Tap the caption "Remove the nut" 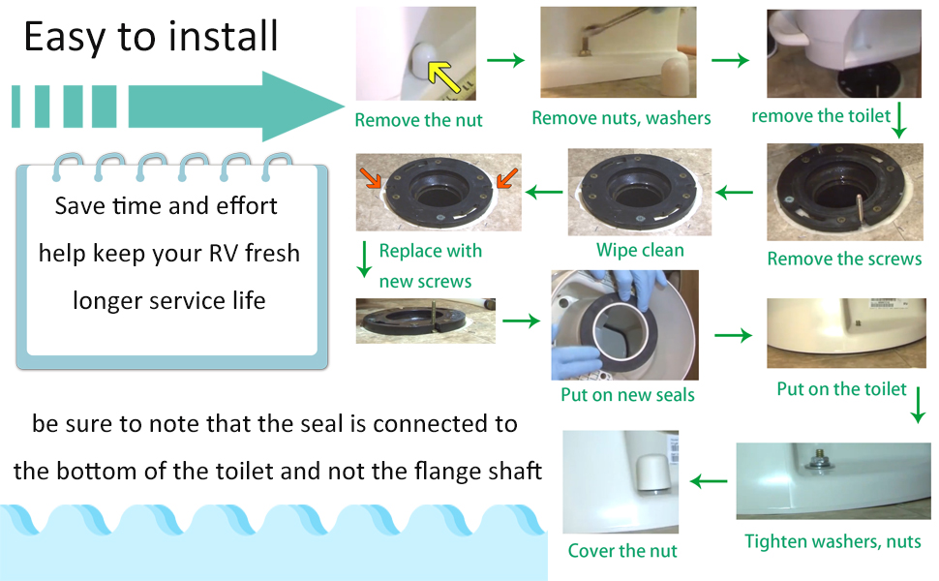[x=418, y=121]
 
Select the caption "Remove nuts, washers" [x=621, y=118]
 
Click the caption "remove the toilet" [x=821, y=116]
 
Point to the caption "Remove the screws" [x=844, y=259]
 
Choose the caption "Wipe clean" [x=640, y=250]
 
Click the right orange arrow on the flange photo [x=506, y=178]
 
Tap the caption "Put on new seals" [x=627, y=395]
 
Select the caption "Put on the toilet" [x=841, y=389]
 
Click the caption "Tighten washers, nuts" [x=833, y=540]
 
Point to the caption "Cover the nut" [x=622, y=551]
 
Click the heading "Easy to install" [x=151, y=37]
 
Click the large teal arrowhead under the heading [x=290, y=105]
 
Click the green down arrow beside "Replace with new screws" [x=365, y=260]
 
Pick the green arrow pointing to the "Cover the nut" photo [x=708, y=480]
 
